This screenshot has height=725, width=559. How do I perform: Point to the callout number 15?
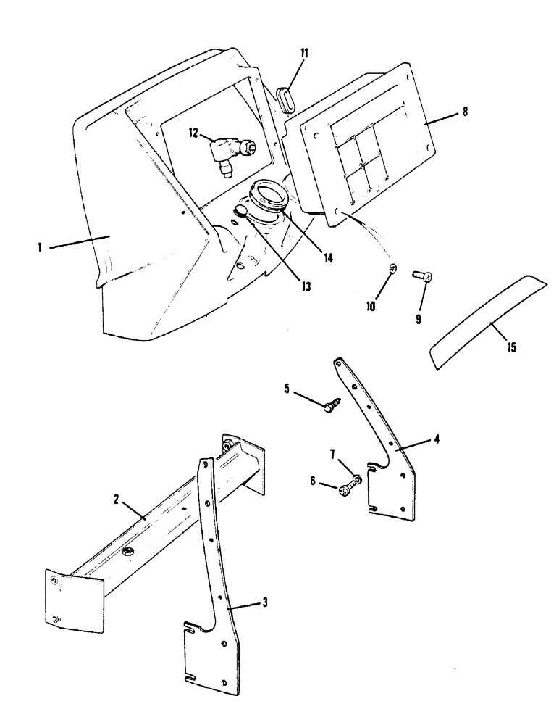coord(512,348)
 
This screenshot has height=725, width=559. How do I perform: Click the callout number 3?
coord(266,602)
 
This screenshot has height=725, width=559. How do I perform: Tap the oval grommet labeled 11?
coord(285,99)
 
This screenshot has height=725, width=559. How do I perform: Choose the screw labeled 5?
coord(329,406)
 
